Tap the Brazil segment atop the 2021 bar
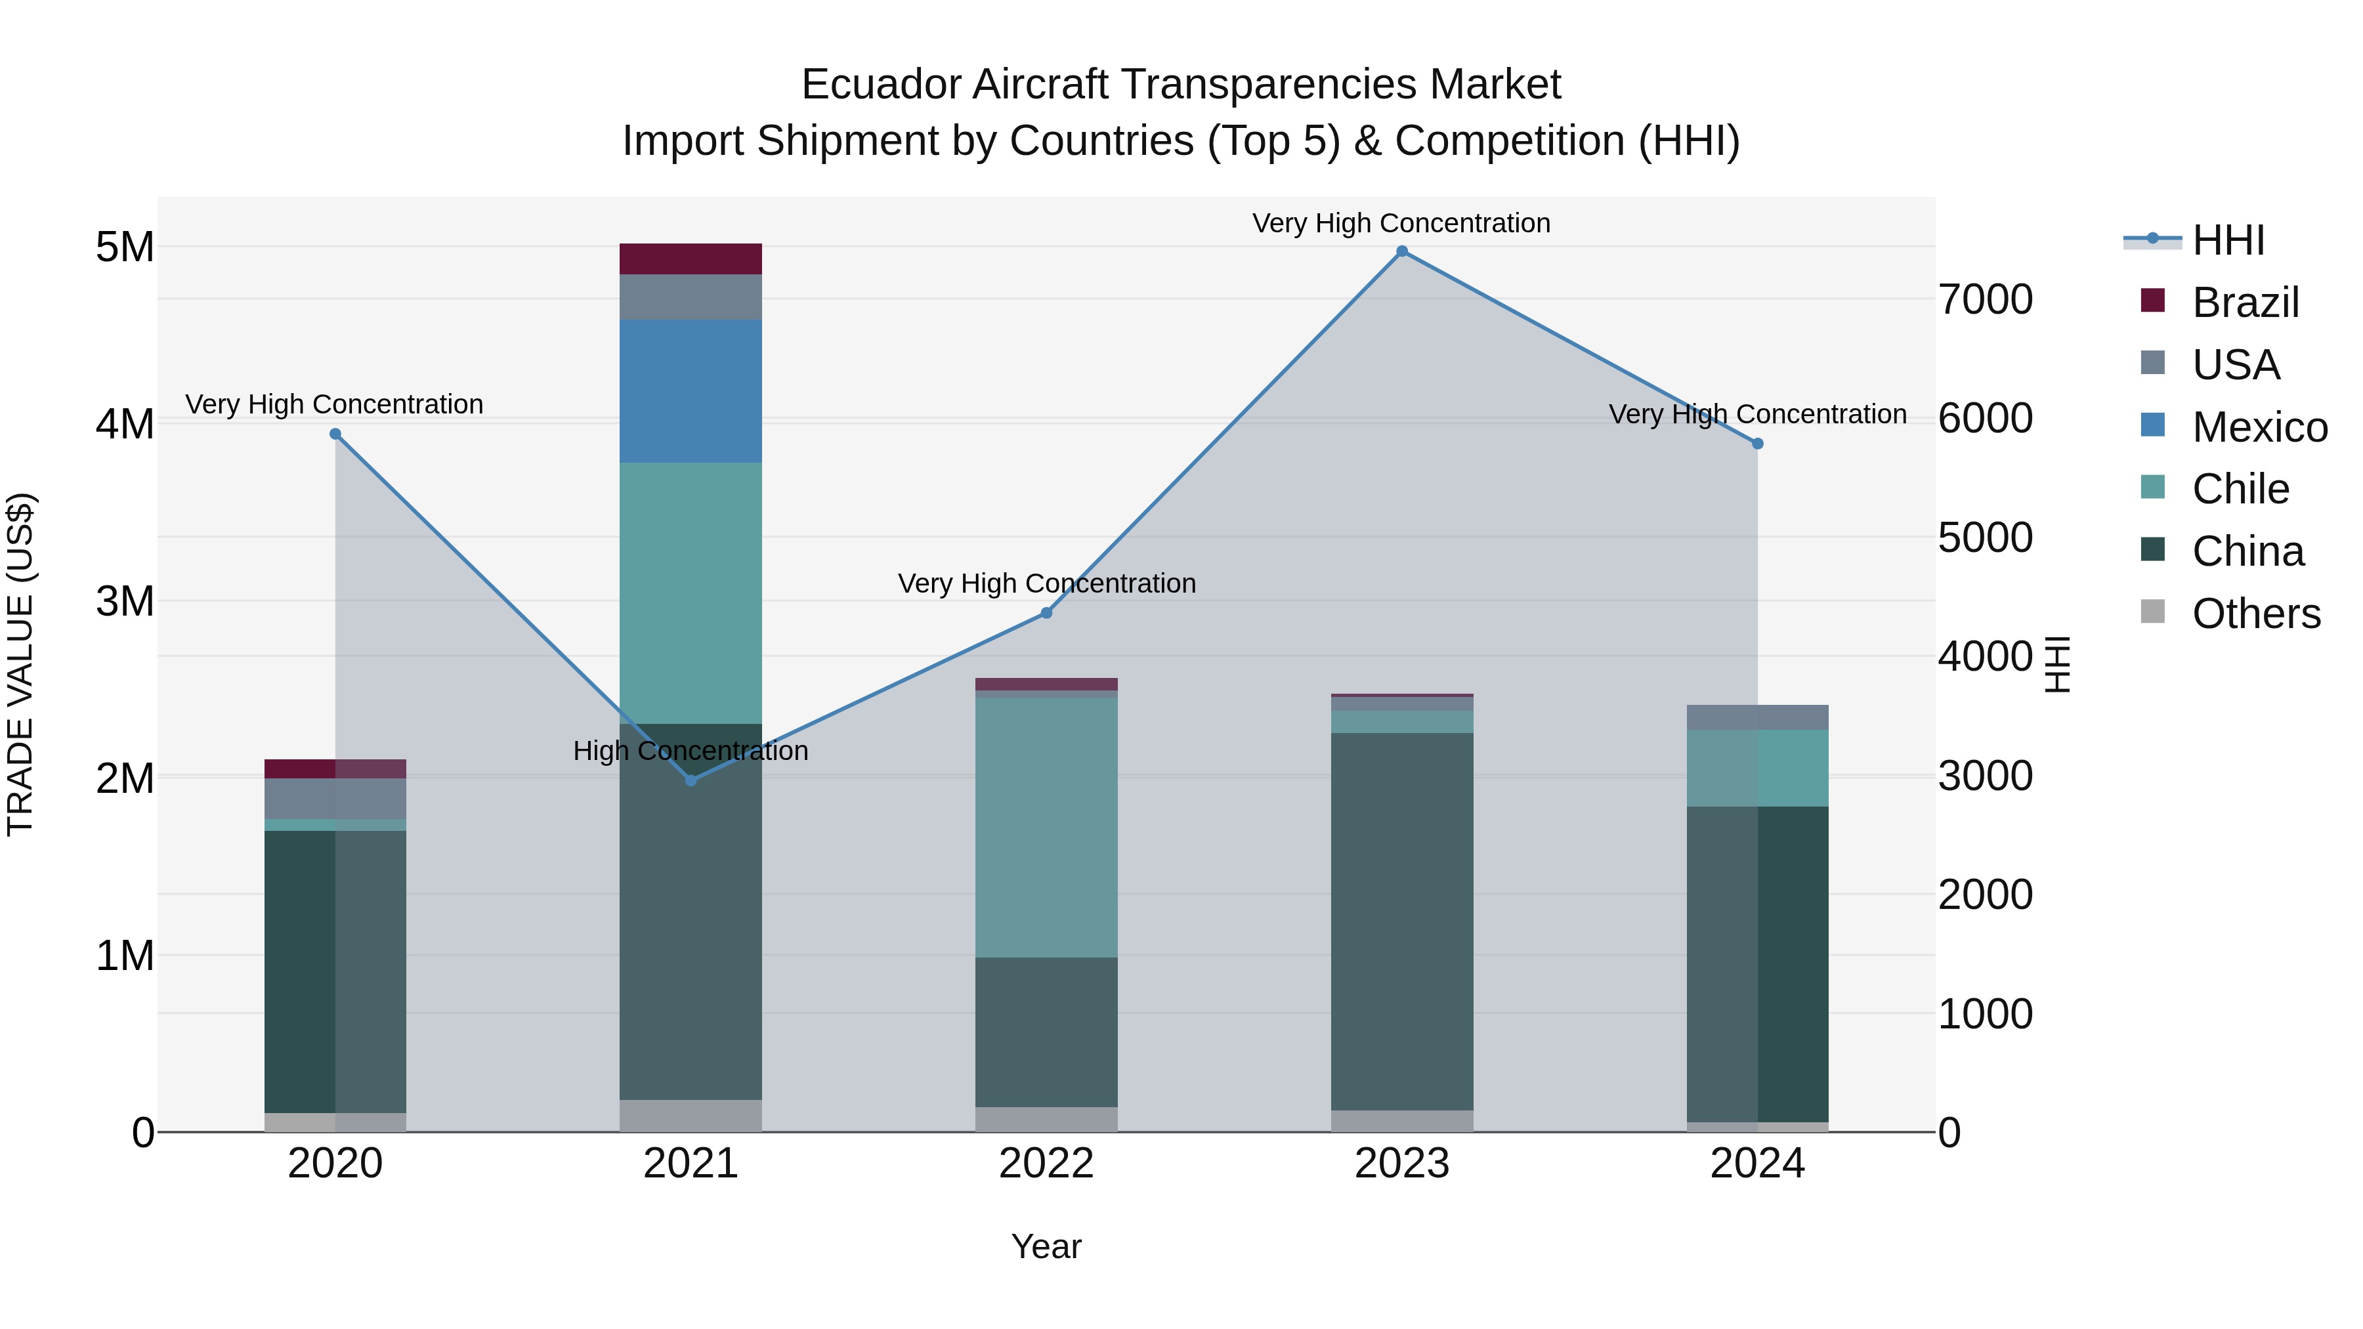pyautogui.click(x=691, y=259)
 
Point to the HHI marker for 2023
pyautogui.click(x=1401, y=251)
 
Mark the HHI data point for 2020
pyautogui.click(x=335, y=434)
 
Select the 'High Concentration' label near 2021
pyautogui.click(x=691, y=751)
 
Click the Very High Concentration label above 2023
pyautogui.click(x=1401, y=224)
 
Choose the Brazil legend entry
pyautogui.click(x=2245, y=303)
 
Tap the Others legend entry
pyautogui.click(x=2255, y=614)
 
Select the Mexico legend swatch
pyautogui.click(x=2152, y=425)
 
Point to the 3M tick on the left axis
pyautogui.click(x=125, y=602)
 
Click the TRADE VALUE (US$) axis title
pyautogui.click(x=20, y=664)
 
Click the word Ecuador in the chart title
pyautogui.click(x=881, y=85)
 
